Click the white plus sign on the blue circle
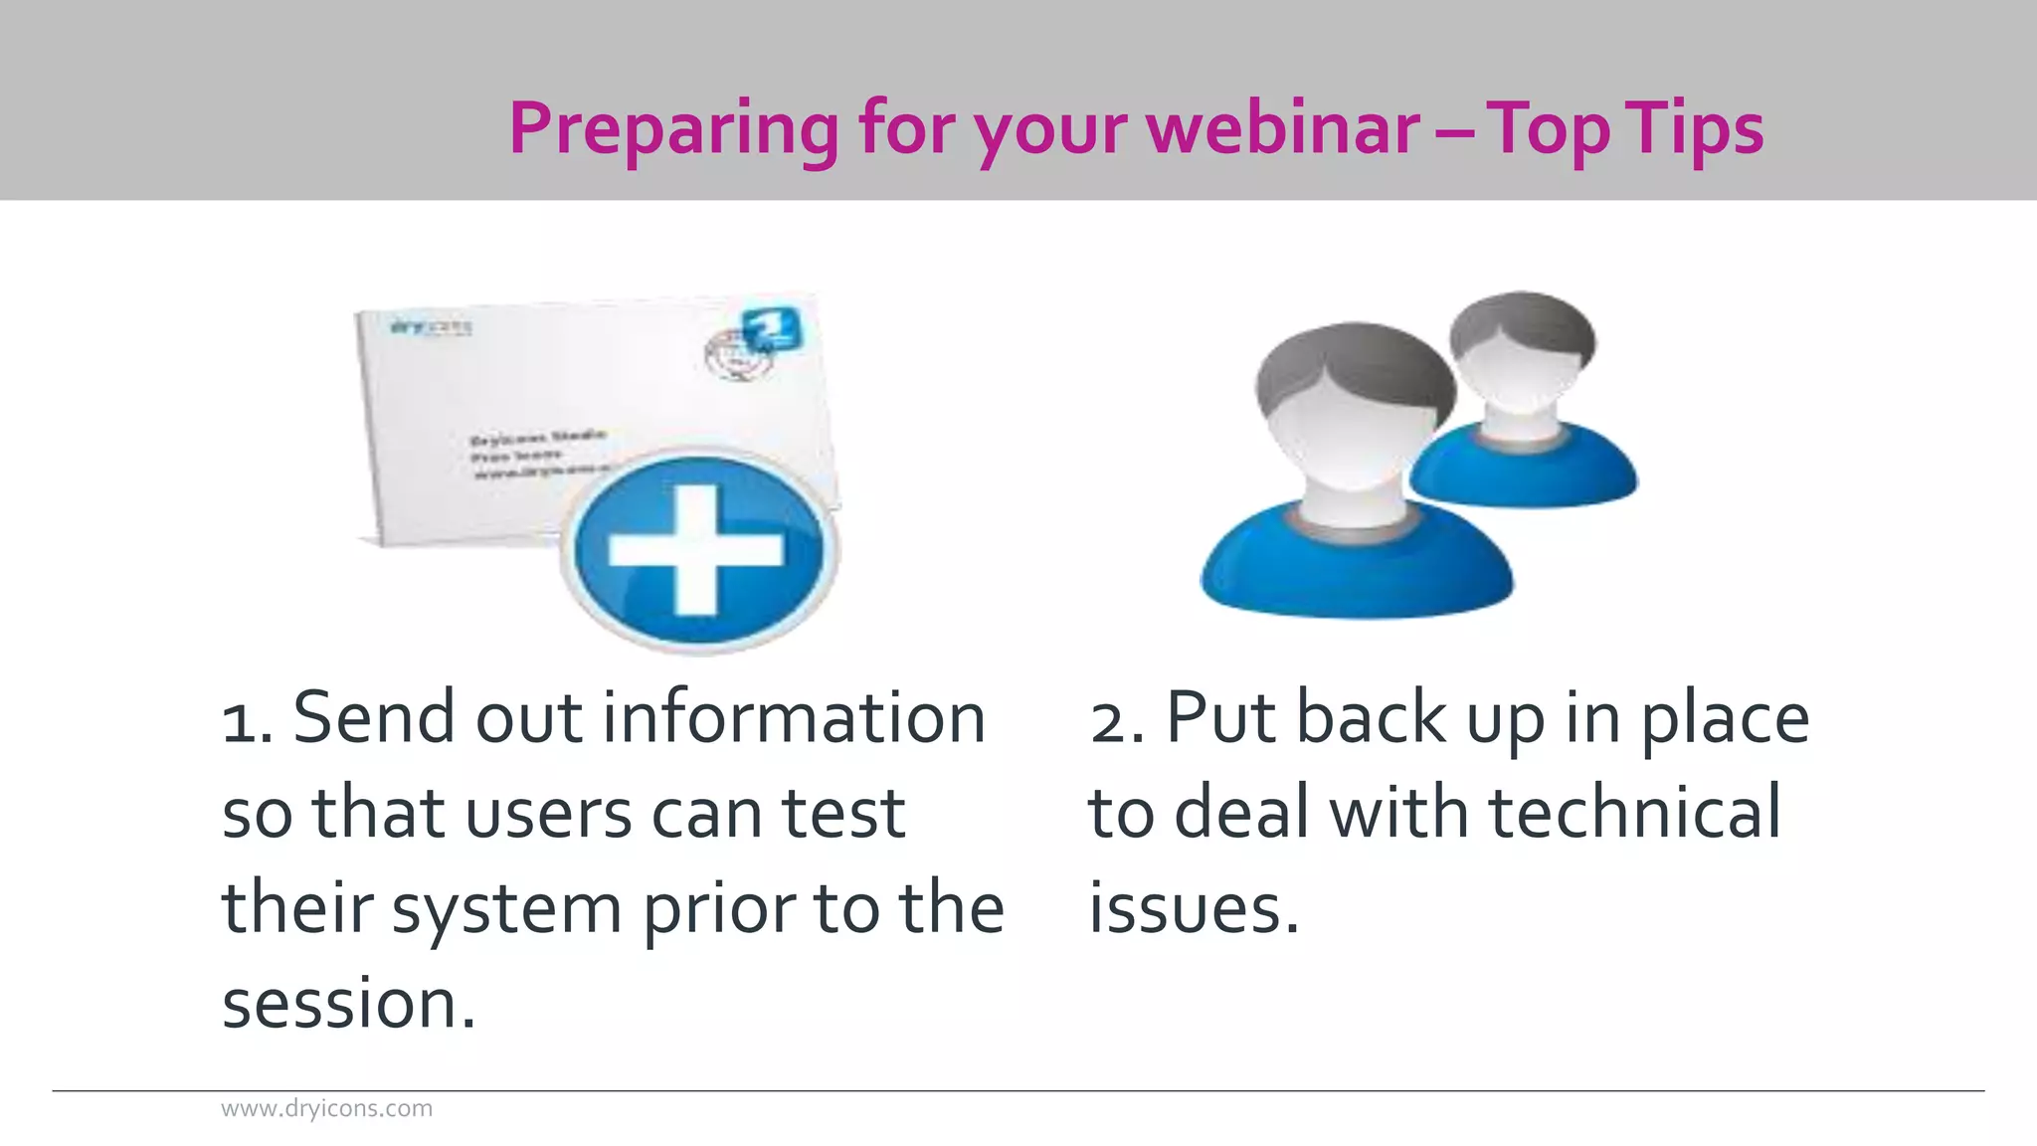[x=696, y=549]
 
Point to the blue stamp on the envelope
[x=772, y=327]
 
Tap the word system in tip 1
[x=506, y=909]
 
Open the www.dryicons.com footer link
[x=326, y=1108]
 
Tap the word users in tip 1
[x=548, y=814]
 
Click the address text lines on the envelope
[x=537, y=456]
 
